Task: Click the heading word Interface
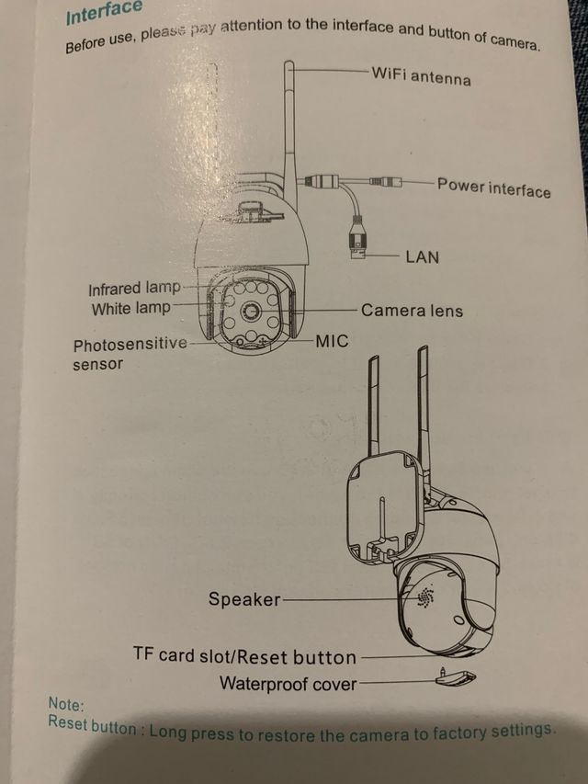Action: pos(104,12)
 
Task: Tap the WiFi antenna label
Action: pos(421,74)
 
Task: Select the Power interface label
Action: pos(493,187)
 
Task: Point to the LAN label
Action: pos(422,256)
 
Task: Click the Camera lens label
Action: pos(412,311)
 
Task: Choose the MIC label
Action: pos(332,342)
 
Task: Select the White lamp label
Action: pos(130,309)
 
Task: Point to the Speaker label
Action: pos(244,599)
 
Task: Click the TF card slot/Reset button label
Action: pos(244,656)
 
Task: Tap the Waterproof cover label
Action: pos(288,684)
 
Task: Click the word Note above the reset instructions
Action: pos(66,705)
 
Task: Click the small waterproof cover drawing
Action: pos(456,678)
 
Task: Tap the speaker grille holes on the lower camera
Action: pos(425,597)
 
